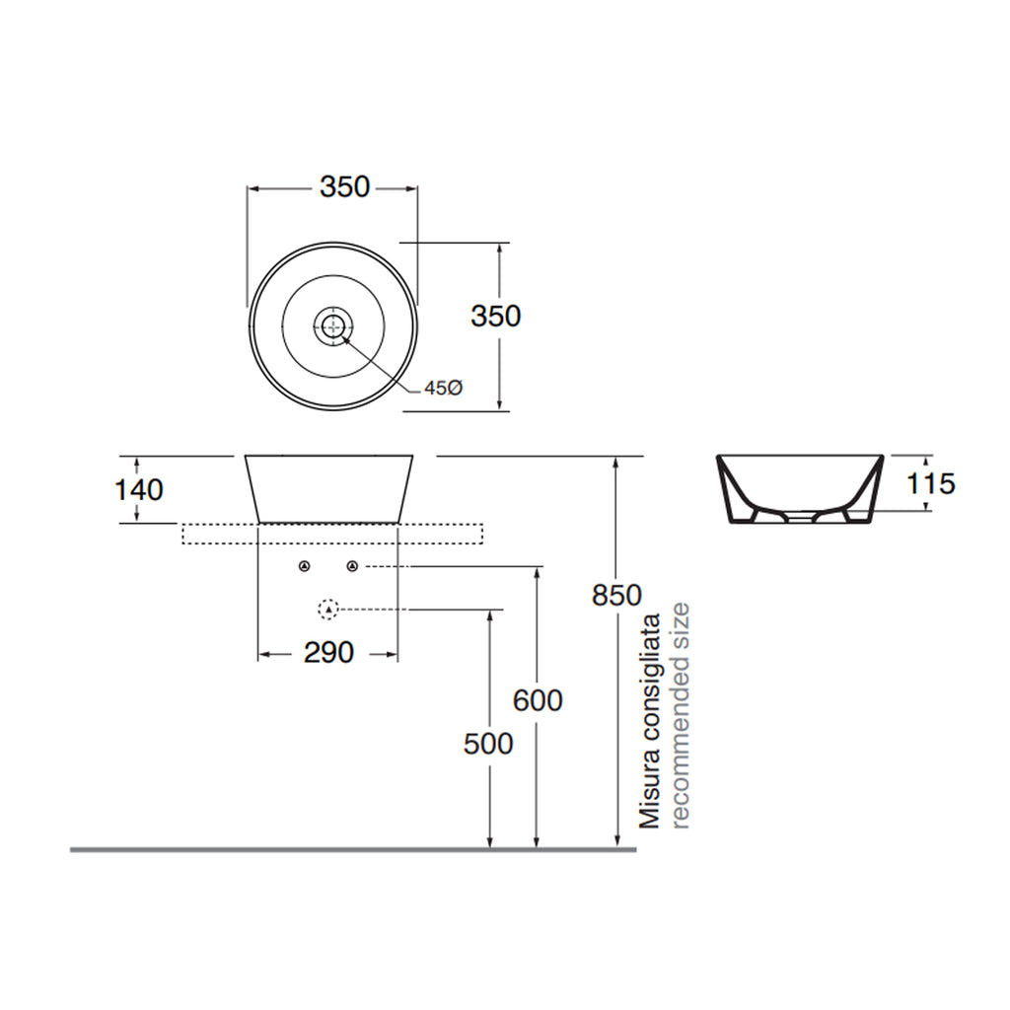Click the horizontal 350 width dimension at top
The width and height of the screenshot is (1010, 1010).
point(344,186)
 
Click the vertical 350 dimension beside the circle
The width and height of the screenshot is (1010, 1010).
point(495,317)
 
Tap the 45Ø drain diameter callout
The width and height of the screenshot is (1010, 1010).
point(443,389)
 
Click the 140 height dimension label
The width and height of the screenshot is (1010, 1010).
point(139,489)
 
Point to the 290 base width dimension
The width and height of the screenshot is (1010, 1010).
point(327,652)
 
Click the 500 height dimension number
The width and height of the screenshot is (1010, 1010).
point(488,743)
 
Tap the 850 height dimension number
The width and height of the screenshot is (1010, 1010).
point(616,595)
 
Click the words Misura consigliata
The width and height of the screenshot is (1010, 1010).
point(649,720)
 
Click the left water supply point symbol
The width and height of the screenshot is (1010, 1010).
point(304,566)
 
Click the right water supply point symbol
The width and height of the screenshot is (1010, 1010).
point(352,566)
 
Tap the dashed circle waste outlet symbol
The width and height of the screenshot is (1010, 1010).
point(327,610)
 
